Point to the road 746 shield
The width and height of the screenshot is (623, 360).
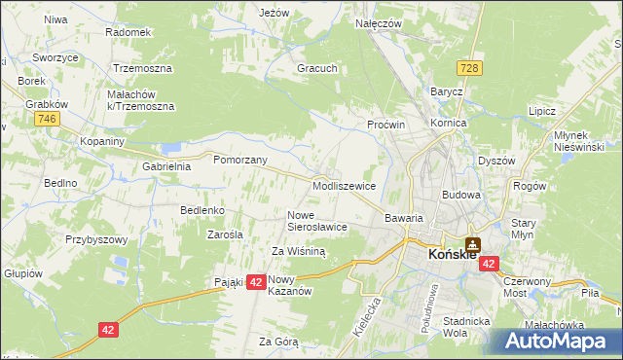click(45, 118)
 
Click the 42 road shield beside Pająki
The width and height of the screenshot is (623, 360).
click(256, 281)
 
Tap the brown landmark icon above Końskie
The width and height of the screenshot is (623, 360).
click(473, 244)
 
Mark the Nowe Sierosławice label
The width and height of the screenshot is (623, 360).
click(317, 221)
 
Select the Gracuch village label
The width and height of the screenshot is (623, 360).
click(317, 69)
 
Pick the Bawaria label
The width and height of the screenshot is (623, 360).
click(404, 219)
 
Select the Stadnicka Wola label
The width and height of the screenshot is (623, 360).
click(464, 326)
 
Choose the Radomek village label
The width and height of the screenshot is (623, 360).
click(128, 32)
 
